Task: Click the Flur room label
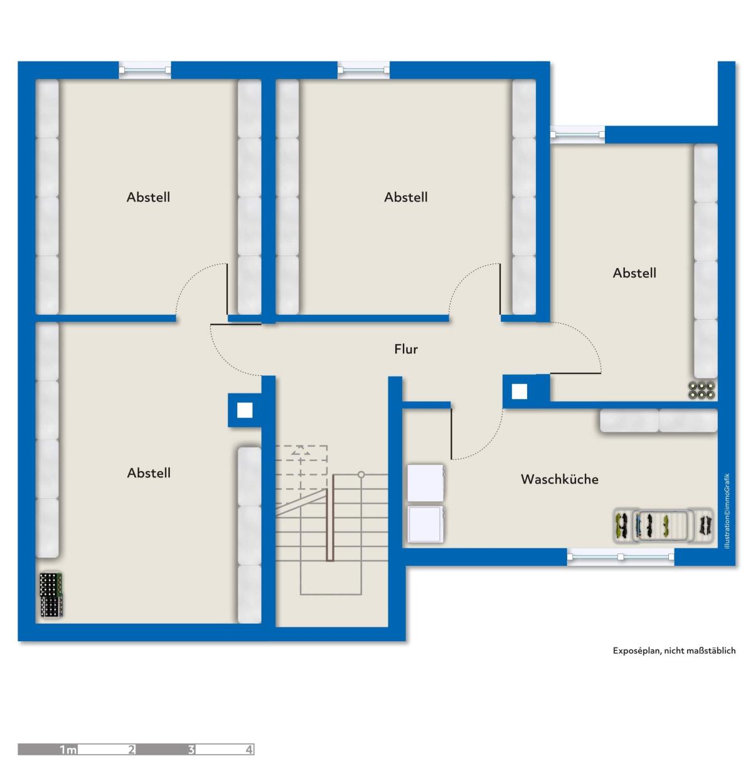pyautogui.click(x=406, y=349)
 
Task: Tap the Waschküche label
pyautogui.click(x=560, y=479)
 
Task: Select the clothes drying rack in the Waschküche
pyautogui.click(x=663, y=525)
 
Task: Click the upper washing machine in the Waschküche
pyautogui.click(x=426, y=483)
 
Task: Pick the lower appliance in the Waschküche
pyautogui.click(x=425, y=524)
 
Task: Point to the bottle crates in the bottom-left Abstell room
pyautogui.click(x=51, y=595)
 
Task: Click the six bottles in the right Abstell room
pyautogui.click(x=702, y=390)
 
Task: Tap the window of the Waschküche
pyautogui.click(x=620, y=557)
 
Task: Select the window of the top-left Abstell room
pyautogui.click(x=145, y=70)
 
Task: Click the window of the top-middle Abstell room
pyautogui.click(x=363, y=70)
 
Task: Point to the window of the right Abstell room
pyautogui.click(x=577, y=134)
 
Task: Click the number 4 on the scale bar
pyautogui.click(x=248, y=749)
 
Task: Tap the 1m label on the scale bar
pyautogui.click(x=68, y=749)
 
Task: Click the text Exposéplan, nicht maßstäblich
pyautogui.click(x=674, y=651)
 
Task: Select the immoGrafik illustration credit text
pyautogui.click(x=727, y=511)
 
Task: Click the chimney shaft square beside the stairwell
pyautogui.click(x=245, y=410)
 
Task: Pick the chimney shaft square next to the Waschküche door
pyautogui.click(x=519, y=392)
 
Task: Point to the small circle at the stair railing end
pyautogui.click(x=361, y=474)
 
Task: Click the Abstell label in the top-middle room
pyautogui.click(x=406, y=197)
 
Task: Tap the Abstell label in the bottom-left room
pyautogui.click(x=149, y=472)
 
